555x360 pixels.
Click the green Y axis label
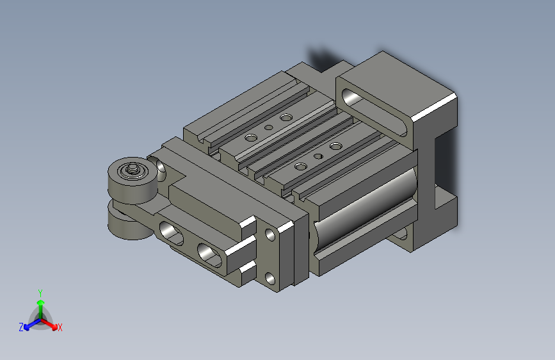point(40,292)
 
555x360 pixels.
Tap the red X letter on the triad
point(60,327)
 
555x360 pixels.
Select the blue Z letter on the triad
point(21,327)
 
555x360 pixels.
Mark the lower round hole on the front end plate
point(268,278)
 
